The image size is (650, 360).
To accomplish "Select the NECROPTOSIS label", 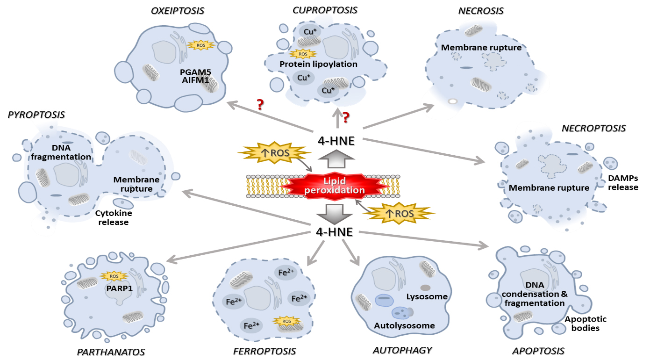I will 593,128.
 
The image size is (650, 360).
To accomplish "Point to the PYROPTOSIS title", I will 36,114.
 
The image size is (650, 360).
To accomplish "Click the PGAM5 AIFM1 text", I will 195,77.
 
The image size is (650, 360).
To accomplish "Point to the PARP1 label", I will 120,288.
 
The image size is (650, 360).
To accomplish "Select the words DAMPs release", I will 623,183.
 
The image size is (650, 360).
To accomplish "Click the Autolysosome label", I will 404,325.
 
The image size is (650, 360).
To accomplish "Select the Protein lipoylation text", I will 318,64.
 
